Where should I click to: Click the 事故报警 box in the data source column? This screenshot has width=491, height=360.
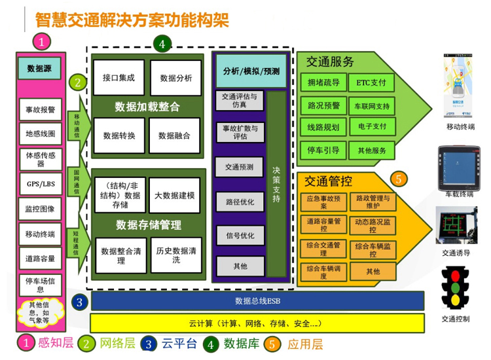pyautogui.click(x=41, y=110)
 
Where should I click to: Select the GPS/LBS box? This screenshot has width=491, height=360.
pyautogui.click(x=41, y=184)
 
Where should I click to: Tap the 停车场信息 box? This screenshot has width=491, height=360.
pyautogui.click(x=41, y=283)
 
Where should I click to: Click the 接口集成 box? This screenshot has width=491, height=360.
pyautogui.click(x=118, y=78)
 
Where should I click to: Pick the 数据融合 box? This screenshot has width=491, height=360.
pyautogui.click(x=174, y=135)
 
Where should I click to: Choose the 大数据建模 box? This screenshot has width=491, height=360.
pyautogui.click(x=174, y=195)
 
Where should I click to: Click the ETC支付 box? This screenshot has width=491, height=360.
pyautogui.click(x=372, y=84)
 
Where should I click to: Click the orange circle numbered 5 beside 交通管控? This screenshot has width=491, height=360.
pyautogui.click(x=399, y=179)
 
